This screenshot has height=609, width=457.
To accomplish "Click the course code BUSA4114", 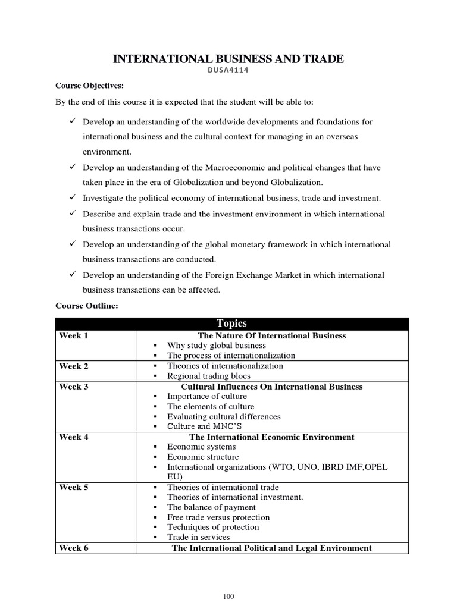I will (x=228, y=70).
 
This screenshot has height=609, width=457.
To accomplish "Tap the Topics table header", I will (x=231, y=324).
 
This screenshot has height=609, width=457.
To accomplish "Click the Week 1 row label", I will (x=74, y=336).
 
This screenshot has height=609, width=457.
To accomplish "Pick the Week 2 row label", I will (x=74, y=366).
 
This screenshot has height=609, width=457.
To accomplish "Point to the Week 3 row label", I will (x=74, y=387).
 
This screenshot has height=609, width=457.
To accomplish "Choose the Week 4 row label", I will (x=74, y=437).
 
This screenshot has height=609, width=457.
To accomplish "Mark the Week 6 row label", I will (x=74, y=548).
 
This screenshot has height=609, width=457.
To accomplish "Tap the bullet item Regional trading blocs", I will (x=209, y=376).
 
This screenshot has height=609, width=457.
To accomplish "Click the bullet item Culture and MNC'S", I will (x=205, y=427).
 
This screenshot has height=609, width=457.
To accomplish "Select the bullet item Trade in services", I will (x=199, y=537).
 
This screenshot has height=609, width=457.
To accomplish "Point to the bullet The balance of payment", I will (x=211, y=507).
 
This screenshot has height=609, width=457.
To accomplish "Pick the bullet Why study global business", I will (x=217, y=346).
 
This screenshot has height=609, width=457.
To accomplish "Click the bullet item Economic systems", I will (x=202, y=447).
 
